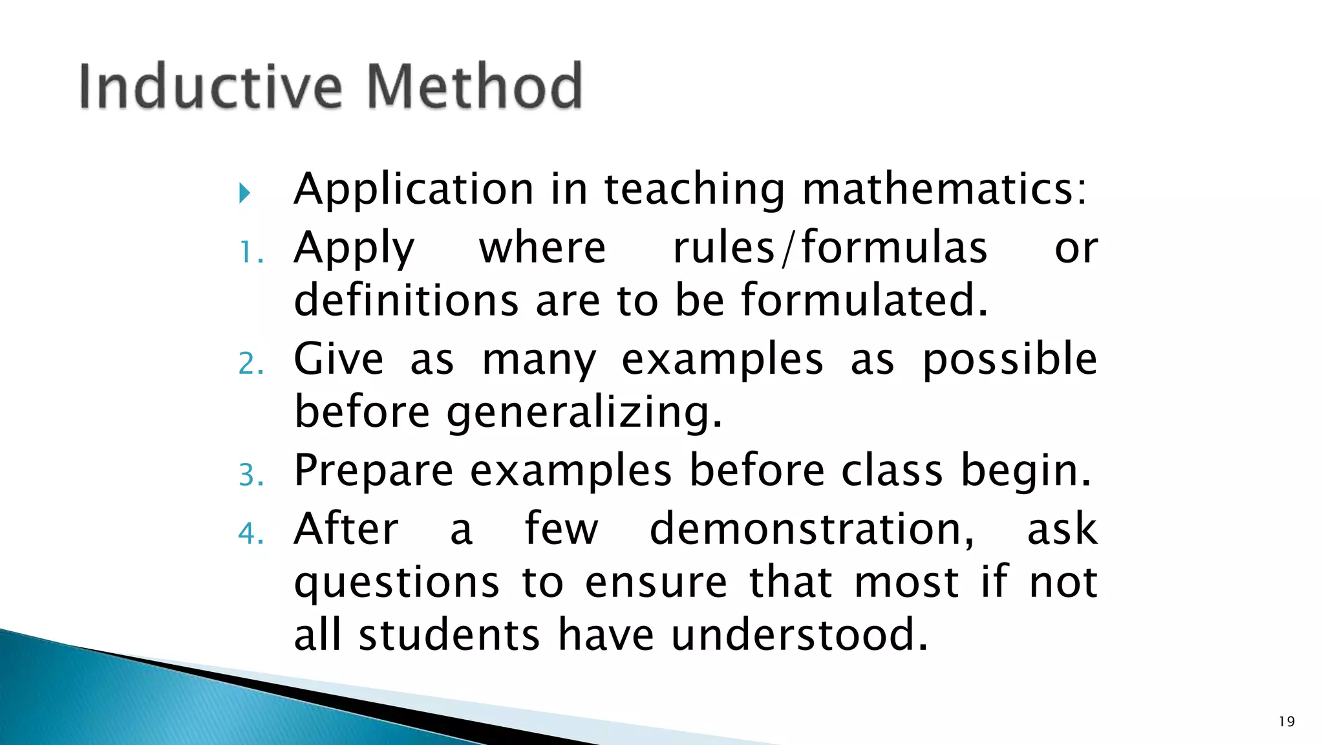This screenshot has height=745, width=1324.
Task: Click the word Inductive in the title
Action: [210, 86]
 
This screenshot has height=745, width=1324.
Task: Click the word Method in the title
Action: [475, 86]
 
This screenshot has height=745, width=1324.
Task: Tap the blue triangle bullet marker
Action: [244, 193]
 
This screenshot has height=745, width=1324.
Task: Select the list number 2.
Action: [251, 363]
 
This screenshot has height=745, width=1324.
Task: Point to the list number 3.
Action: [251, 475]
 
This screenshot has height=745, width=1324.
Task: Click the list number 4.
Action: [251, 534]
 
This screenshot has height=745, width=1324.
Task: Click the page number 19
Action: [1287, 722]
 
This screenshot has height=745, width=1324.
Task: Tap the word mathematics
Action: [945, 189]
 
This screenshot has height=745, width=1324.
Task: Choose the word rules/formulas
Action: [830, 248]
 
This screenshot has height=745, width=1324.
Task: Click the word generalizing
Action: [584, 413]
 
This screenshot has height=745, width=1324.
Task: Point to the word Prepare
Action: [374, 471]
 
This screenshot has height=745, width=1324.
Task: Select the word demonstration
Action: [811, 529]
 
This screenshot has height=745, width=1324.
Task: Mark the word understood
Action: [800, 635]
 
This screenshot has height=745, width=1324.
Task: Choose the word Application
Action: [414, 189]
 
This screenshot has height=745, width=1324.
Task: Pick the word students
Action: [449, 635]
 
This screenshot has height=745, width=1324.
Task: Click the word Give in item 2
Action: [338, 359]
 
